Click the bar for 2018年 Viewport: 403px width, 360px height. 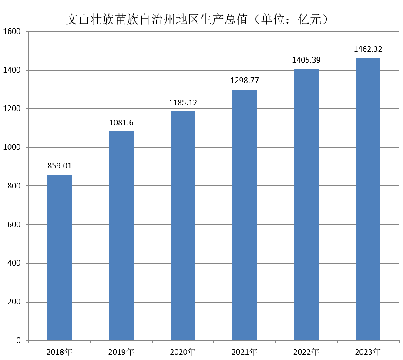(60, 257)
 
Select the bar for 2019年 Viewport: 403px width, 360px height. (121, 236)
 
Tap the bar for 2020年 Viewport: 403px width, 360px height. (183, 225)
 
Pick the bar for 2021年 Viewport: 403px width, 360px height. (245, 215)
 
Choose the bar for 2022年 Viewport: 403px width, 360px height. (306, 204)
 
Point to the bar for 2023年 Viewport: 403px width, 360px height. (368, 199)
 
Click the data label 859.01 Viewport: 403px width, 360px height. (60, 166)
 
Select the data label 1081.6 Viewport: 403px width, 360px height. (121, 123)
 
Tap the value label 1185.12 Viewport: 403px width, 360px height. (183, 103)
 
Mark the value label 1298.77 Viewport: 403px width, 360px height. (245, 81)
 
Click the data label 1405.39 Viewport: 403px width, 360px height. (306, 60)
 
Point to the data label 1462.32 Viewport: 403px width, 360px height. (368, 49)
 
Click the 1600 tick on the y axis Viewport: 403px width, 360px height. (12, 31)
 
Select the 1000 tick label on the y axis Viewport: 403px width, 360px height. (12, 147)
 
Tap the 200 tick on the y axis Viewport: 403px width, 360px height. (14, 302)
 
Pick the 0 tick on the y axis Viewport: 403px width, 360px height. (19, 340)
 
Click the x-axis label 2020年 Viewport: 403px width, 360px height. (183, 351)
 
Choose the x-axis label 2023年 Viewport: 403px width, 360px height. (368, 351)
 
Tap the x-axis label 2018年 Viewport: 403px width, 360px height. (60, 351)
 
